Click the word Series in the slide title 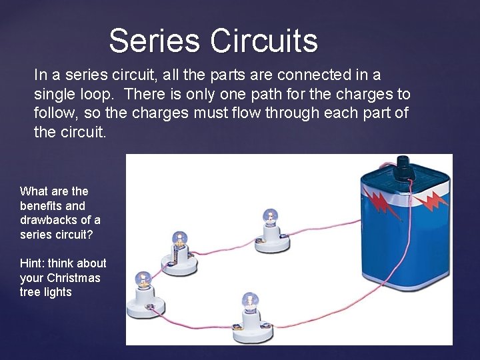pos(154,41)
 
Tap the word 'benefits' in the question pos(43,206)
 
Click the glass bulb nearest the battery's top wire pos(270,217)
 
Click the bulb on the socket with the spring pos(179,237)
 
